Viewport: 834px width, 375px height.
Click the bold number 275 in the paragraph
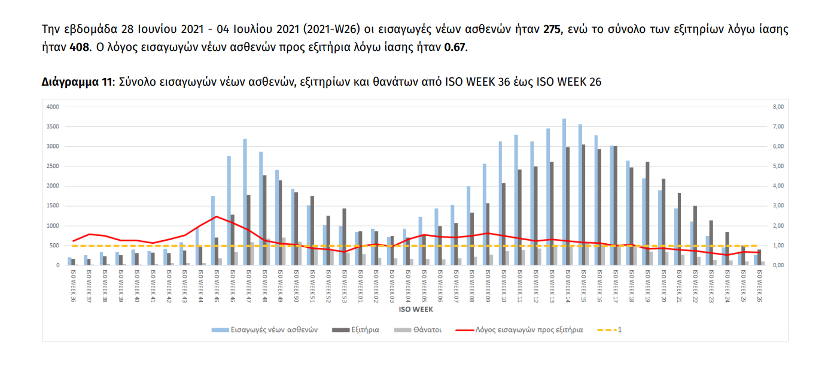click(x=552, y=29)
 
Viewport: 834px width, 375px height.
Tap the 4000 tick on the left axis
click(x=53, y=107)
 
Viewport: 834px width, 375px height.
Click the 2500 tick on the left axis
click(x=53, y=166)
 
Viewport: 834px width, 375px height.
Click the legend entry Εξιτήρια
click(x=363, y=329)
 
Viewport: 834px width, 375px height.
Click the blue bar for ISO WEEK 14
click(x=564, y=192)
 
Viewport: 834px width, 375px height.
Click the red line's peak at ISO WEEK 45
click(x=216, y=216)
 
